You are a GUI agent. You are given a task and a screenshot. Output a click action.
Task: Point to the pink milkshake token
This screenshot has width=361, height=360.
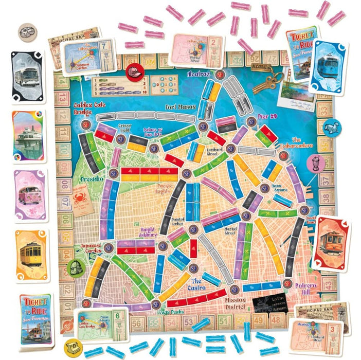[314, 164]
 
